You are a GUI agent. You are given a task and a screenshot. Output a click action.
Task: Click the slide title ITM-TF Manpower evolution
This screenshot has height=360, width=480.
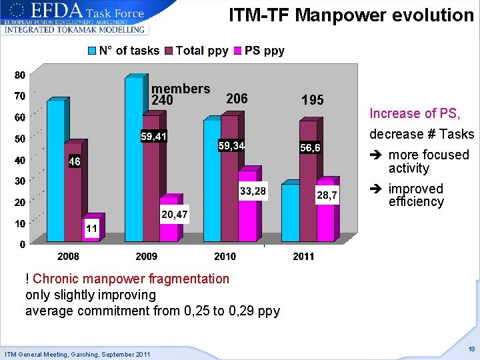point(351,15)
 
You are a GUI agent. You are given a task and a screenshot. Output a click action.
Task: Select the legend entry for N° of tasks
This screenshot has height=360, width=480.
point(124,51)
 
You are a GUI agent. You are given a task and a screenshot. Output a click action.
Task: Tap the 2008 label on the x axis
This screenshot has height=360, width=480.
point(68,256)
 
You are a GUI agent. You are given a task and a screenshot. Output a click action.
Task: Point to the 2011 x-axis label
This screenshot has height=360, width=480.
point(303,256)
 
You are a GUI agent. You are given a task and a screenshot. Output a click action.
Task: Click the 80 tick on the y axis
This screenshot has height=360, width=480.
point(20,74)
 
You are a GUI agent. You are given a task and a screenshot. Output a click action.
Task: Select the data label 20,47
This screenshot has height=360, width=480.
point(174,214)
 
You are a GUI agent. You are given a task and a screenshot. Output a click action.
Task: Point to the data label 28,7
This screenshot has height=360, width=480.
point(327,195)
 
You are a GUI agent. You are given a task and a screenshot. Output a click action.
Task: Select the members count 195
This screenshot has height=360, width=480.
point(312,100)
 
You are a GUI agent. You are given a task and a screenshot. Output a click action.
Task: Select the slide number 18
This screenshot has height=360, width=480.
point(471,349)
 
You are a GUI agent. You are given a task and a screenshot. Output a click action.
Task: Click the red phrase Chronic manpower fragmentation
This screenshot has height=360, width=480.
point(131,279)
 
